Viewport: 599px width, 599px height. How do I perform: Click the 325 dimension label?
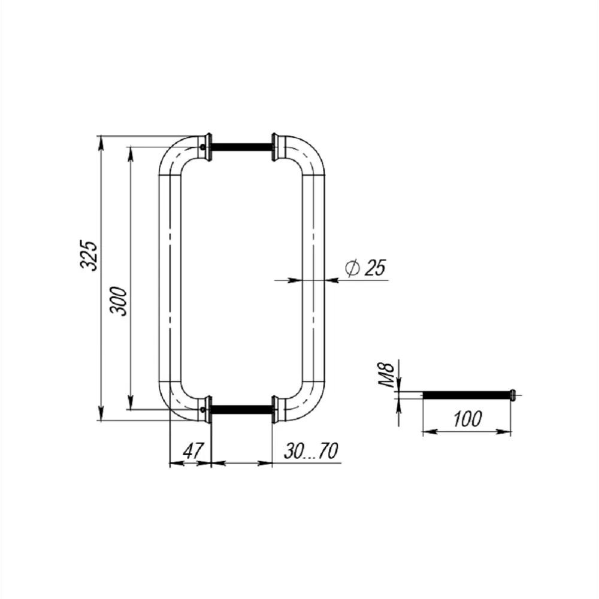pos(89,255)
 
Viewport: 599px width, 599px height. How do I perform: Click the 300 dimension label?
pos(119,301)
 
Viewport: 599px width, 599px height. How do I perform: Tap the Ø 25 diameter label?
pos(366,268)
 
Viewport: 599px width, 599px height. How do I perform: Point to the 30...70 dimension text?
pos(311,451)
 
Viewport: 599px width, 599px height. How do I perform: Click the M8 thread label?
pos(388,375)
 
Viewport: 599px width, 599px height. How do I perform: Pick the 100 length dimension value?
pos(467,419)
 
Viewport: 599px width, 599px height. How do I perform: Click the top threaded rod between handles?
pos(241,146)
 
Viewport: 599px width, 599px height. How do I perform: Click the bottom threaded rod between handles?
pos(241,410)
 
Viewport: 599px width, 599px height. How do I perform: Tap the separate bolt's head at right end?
pos(513,394)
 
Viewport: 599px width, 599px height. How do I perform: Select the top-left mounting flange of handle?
pos(208,147)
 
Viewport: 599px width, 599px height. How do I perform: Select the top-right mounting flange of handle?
pos(276,147)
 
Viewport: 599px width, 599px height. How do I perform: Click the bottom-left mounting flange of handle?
pos(208,410)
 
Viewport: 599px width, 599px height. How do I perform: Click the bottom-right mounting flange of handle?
pos(276,410)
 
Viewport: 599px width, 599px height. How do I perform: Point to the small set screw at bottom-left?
pos(203,410)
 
